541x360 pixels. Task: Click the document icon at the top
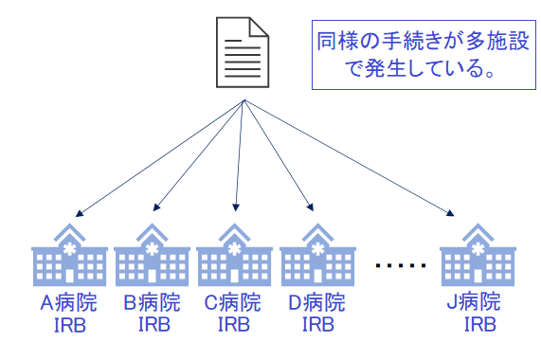tap(243, 53)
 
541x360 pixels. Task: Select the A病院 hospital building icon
tap(69, 255)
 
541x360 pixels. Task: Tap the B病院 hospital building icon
tap(152, 255)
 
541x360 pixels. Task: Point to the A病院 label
tap(69, 304)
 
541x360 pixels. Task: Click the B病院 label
tap(152, 304)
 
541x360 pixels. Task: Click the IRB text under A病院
tap(69, 326)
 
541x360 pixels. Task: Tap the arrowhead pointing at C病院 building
tap(234, 206)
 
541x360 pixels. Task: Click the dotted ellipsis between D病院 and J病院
tap(398, 267)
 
